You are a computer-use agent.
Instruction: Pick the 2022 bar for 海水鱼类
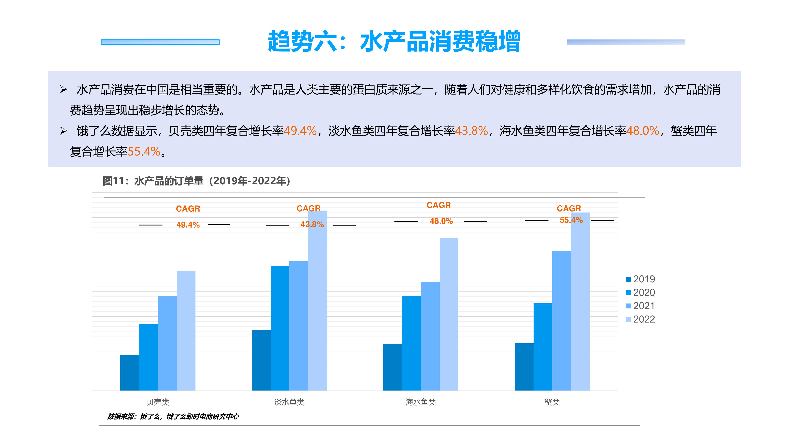tap(449, 314)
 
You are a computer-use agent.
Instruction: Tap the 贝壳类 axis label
tap(158, 402)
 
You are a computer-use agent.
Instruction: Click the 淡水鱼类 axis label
tap(289, 402)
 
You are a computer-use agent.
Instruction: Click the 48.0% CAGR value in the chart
tap(441, 221)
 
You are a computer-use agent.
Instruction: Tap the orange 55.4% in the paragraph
tap(144, 151)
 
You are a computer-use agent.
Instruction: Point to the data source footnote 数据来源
tap(172, 416)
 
